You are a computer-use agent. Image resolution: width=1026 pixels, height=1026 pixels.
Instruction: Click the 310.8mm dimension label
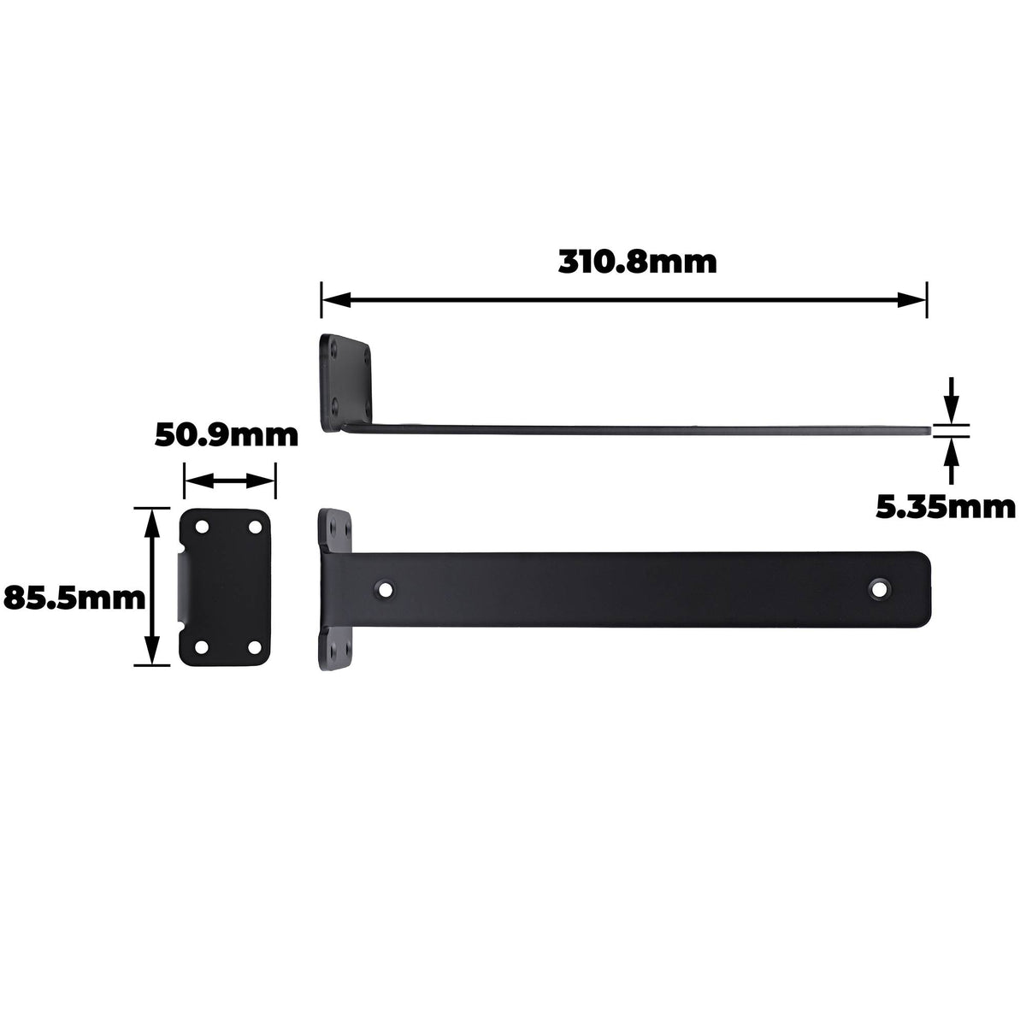(x=637, y=262)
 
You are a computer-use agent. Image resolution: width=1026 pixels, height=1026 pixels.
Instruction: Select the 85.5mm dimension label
(x=74, y=598)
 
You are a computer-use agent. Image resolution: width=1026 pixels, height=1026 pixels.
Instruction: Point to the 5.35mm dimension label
(x=946, y=507)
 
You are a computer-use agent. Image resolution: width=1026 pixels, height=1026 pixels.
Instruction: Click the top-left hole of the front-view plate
(x=202, y=528)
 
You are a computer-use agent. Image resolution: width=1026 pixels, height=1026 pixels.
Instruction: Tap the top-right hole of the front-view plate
(x=255, y=528)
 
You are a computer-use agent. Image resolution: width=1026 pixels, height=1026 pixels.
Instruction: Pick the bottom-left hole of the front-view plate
(x=202, y=647)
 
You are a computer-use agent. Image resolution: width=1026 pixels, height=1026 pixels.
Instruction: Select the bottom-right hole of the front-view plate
(x=255, y=647)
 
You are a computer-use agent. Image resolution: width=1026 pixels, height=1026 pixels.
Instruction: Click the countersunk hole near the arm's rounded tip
(x=879, y=588)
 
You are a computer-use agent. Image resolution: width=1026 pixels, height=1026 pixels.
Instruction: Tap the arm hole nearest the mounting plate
(x=385, y=589)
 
